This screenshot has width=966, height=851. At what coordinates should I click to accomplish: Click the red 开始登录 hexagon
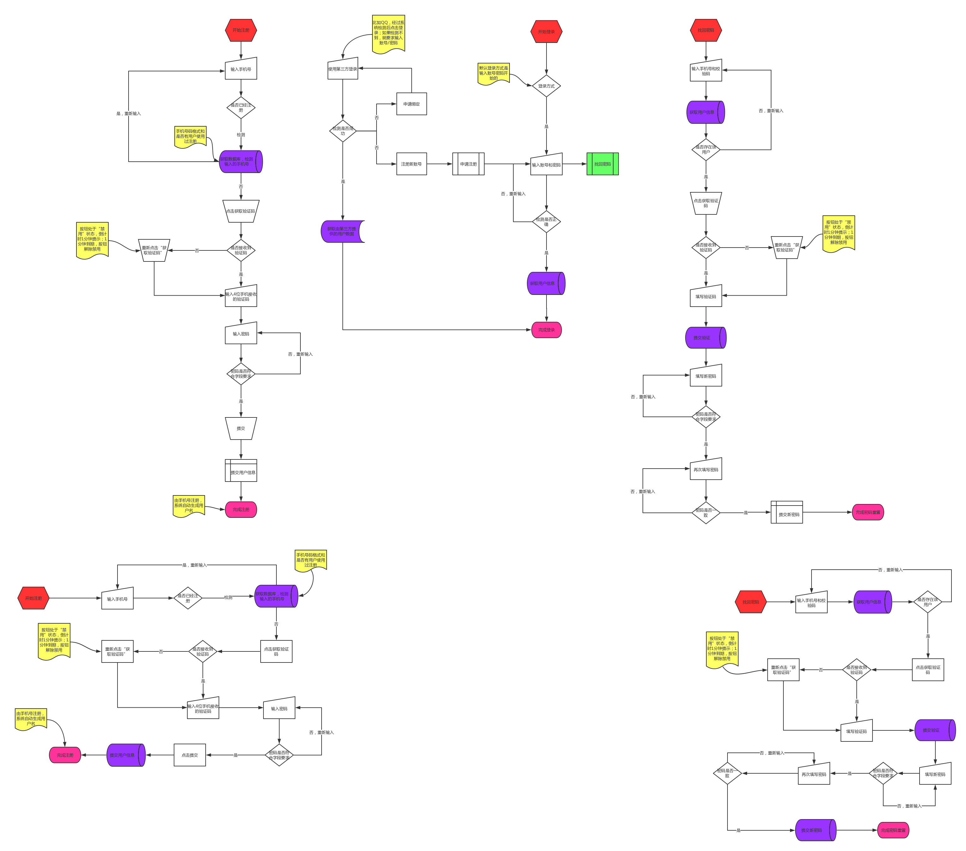546,32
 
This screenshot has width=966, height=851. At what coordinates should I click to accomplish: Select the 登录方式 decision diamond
546,86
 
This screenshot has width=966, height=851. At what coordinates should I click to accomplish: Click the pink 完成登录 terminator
546,330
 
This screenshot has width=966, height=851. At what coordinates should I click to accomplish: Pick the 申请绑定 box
411,104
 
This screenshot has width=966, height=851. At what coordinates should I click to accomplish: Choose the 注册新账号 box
411,164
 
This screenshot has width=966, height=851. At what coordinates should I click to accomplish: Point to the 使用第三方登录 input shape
343,69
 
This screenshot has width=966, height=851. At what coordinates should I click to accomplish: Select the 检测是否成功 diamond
343,131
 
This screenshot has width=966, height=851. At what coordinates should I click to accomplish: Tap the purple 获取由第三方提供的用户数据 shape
342,231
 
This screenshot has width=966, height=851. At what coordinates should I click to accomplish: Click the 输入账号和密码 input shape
546,165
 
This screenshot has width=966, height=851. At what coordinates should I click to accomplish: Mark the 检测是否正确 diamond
546,222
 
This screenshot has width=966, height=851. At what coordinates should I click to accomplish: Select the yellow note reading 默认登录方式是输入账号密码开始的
493,73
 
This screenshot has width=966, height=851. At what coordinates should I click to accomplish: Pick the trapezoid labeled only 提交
241,428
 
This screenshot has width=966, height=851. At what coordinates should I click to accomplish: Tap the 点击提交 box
190,755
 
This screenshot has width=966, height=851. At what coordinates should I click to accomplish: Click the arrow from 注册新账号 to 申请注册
439,164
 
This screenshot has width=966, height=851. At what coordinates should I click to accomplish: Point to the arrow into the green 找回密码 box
575,164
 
